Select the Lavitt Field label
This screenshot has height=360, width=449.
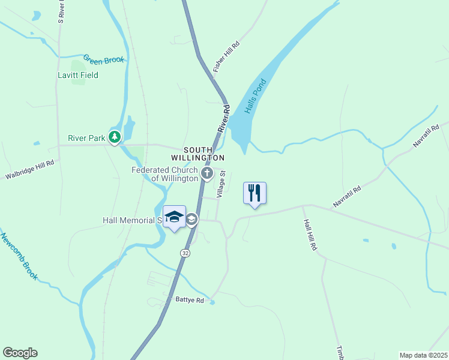[78, 76]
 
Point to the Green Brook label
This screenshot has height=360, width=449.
[104, 59]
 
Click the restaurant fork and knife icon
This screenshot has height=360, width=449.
[255, 193]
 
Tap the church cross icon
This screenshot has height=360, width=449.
[207, 174]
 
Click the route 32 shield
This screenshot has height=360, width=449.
[185, 253]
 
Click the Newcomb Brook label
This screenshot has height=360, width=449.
[19, 257]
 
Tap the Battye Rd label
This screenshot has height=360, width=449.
[190, 299]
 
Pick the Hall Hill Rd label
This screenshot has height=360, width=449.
[310, 235]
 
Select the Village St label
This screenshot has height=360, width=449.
[221, 184]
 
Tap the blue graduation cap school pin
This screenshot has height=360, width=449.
[174, 217]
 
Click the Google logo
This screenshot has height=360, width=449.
[20, 353]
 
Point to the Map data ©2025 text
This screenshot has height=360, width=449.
[423, 355]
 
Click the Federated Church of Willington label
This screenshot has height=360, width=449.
[165, 174]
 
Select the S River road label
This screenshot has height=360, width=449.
[61, 12]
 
